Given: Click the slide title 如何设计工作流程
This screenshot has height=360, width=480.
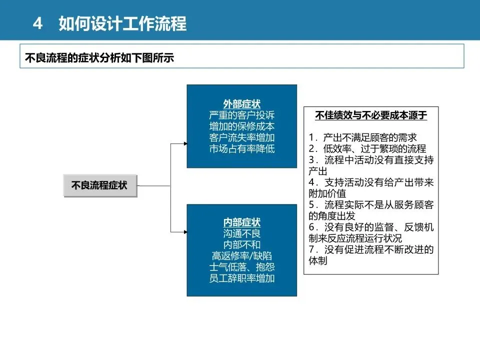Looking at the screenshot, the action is click(122, 23).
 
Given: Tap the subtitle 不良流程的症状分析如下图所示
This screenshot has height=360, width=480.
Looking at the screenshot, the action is click(99, 58).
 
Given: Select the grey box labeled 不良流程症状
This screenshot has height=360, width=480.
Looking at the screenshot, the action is click(100, 186).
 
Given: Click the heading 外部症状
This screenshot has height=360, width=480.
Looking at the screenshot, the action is click(241, 104).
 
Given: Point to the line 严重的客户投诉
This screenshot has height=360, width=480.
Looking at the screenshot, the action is click(241, 115).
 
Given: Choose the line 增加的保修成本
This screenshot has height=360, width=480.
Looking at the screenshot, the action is click(241, 126).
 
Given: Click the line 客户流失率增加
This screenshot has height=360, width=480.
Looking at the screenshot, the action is click(241, 137).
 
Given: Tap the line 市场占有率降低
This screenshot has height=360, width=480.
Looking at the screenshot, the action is click(241, 149).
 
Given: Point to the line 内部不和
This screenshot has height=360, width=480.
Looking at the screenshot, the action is click(241, 245).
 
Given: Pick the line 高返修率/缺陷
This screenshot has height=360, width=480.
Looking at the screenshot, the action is click(241, 256).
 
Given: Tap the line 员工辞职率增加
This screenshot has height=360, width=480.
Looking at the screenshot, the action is click(241, 278).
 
